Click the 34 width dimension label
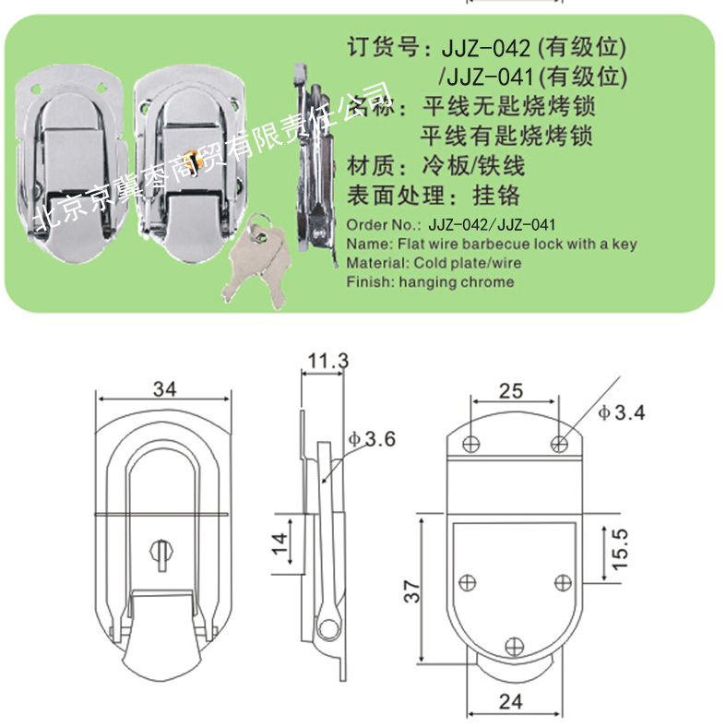[x=164, y=388]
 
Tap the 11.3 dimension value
[x=327, y=360]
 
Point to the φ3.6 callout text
[x=373, y=438]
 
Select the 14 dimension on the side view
[x=280, y=543]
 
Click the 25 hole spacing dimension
[x=511, y=391]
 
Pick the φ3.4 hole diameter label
[x=622, y=412]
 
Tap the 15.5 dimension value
[x=620, y=549]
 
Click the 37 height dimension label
[x=411, y=590]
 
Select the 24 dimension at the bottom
[x=510, y=701]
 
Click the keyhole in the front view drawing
[x=161, y=554]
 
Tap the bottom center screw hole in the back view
[x=514, y=647]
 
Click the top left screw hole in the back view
[x=471, y=444]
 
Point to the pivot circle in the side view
[x=327, y=629]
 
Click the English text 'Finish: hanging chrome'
[x=430, y=282]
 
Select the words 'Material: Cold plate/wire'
[x=434, y=263]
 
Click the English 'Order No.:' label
[x=384, y=225]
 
